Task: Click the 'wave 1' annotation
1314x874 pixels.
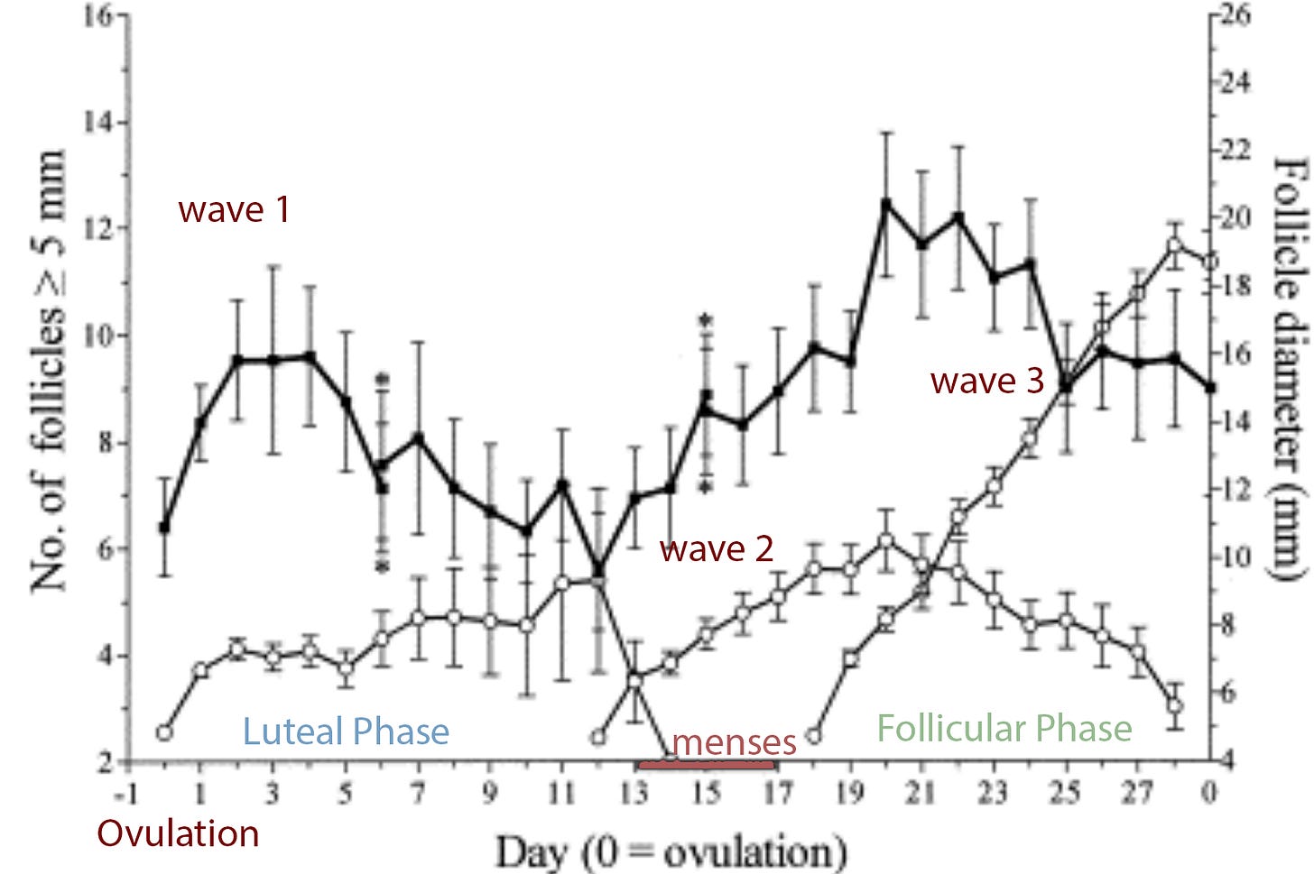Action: click(x=234, y=209)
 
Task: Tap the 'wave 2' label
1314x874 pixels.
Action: click(x=717, y=548)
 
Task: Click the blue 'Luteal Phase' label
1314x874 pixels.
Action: click(x=346, y=731)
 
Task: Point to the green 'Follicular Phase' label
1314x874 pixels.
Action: click(x=1004, y=728)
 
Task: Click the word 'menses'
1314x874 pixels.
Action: click(x=734, y=742)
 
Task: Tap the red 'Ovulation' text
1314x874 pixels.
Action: click(x=178, y=833)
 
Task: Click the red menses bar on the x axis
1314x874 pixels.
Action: click(x=706, y=766)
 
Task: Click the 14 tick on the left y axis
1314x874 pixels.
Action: click(x=100, y=122)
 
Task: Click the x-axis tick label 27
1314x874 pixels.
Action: click(x=1137, y=794)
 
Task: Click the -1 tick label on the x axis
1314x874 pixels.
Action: click(x=126, y=794)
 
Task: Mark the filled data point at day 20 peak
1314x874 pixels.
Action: click(x=885, y=203)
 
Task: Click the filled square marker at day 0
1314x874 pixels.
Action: click(x=164, y=527)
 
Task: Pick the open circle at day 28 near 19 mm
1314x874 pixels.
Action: click(x=1174, y=244)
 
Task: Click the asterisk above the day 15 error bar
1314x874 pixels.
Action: click(x=706, y=320)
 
